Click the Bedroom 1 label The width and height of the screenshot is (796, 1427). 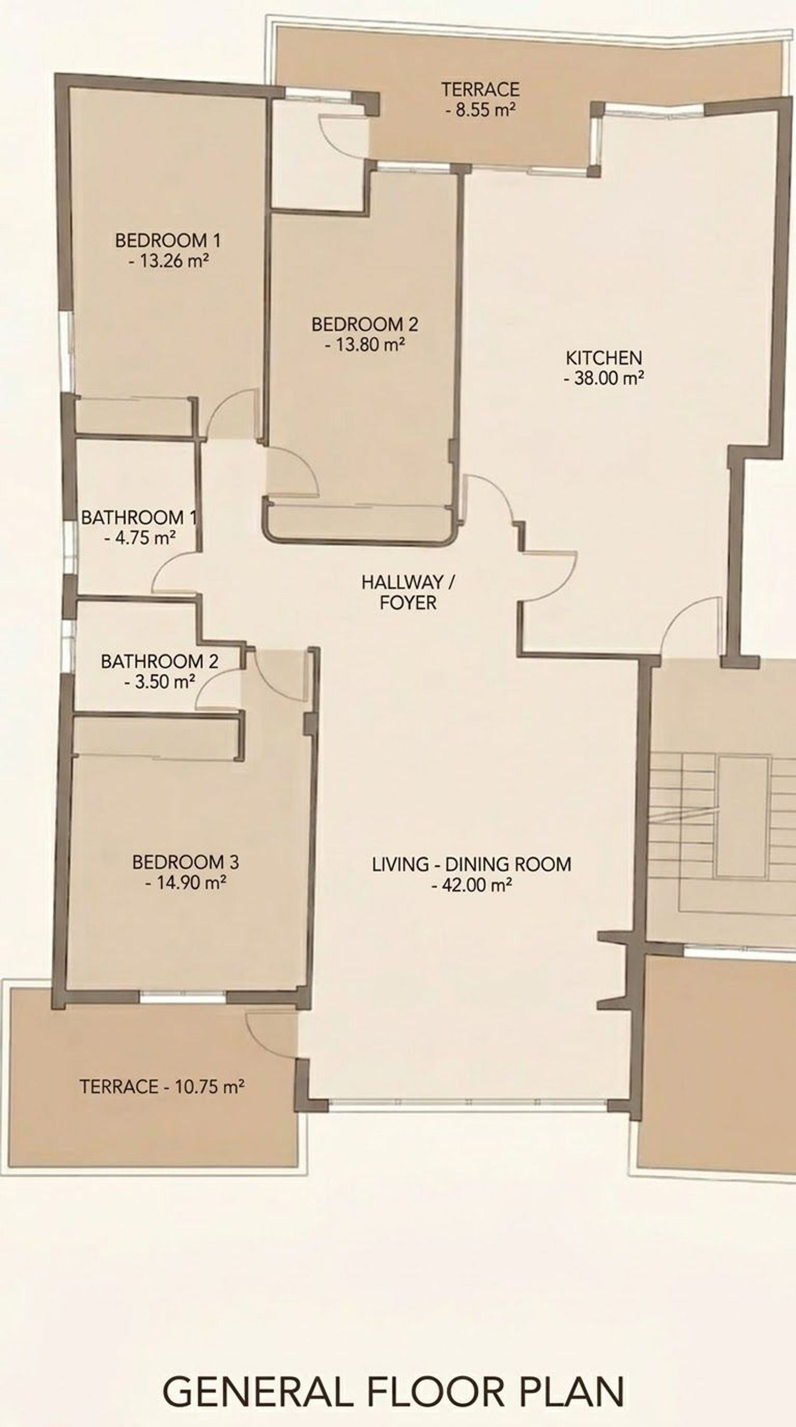click(168, 240)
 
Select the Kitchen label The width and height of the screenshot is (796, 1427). click(603, 358)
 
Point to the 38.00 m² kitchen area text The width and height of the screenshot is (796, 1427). click(603, 379)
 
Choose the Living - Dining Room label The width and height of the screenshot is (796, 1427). click(471, 864)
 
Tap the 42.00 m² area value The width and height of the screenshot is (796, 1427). click(471, 884)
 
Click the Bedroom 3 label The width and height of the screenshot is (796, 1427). click(185, 862)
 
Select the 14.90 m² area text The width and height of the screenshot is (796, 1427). click(185, 882)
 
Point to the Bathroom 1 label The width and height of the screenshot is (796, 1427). click(139, 518)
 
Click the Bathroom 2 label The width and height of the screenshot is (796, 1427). click(159, 661)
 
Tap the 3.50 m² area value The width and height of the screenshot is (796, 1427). click(159, 681)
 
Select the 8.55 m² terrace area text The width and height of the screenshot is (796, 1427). click(480, 110)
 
